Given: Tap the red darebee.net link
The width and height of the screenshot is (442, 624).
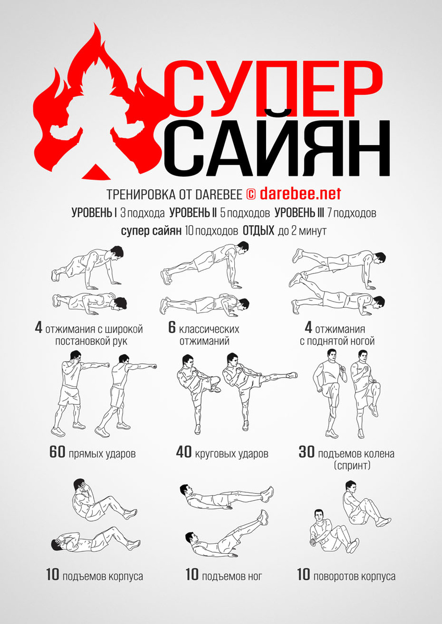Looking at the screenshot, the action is [300, 193].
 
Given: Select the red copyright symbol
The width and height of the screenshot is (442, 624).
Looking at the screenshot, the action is [251, 194].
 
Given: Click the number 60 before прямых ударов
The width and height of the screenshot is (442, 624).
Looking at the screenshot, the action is [57, 452].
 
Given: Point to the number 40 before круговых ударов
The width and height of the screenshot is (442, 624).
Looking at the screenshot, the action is [184, 452].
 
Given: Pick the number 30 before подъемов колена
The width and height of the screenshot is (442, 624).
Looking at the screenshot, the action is [307, 452].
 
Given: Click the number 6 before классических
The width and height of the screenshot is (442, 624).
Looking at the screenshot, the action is [172, 327].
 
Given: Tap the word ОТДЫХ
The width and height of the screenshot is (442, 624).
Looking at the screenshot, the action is [259, 231].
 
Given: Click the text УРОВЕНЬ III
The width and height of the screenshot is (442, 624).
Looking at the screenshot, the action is [299, 213].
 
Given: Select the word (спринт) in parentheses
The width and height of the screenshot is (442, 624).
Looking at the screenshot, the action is [352, 465].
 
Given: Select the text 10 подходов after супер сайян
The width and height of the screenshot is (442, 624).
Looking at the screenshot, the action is [211, 231].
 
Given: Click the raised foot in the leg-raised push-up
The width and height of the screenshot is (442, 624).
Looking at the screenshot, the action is [298, 255].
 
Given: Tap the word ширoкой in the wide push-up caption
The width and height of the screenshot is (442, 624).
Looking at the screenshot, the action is [123, 329].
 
